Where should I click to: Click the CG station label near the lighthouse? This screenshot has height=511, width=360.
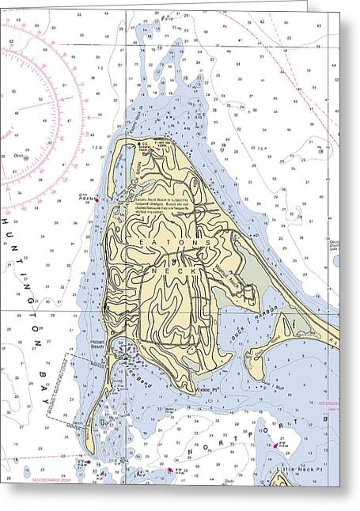[144, 146]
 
